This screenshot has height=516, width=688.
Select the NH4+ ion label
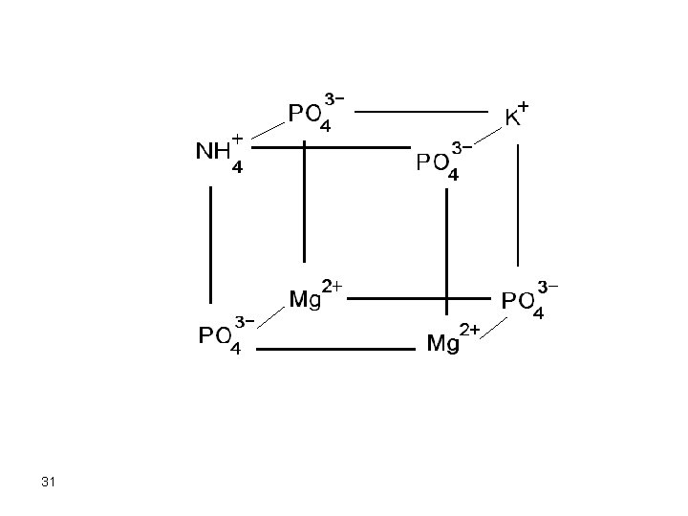point(219,153)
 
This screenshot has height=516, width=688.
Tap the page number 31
point(49,483)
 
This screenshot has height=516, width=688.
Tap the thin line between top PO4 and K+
point(420,111)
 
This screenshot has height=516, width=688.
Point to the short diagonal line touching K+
point(487,137)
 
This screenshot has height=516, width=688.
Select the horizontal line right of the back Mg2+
point(420,297)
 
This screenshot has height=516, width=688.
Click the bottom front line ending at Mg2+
point(334,349)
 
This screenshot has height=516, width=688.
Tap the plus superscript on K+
point(524,108)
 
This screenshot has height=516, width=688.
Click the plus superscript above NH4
point(236,139)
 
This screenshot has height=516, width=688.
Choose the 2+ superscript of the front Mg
point(469,330)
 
